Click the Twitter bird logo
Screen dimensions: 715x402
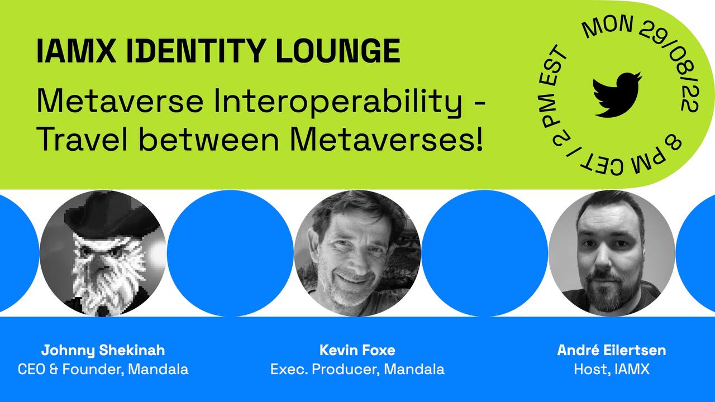(617, 95)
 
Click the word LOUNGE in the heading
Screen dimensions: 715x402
(338, 51)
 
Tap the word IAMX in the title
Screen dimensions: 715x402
(77, 51)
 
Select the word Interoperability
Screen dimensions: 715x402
(338, 102)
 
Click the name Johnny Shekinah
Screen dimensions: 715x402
(103, 351)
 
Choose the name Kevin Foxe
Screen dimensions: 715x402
(357, 350)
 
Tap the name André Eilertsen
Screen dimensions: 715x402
(612, 350)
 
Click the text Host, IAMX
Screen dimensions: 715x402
(612, 369)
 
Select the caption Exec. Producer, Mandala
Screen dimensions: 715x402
(357, 369)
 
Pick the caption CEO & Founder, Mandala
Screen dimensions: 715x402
(103, 369)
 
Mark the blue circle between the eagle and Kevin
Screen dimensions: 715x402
(230, 253)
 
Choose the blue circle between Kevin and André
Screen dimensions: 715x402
(484, 253)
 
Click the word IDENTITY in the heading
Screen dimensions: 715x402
(196, 51)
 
